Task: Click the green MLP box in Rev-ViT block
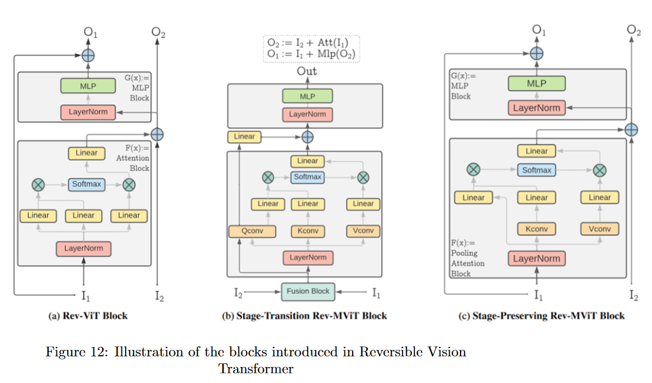(87, 86)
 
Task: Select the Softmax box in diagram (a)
(87, 185)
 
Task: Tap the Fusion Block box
(308, 291)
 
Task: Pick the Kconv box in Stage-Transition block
(308, 231)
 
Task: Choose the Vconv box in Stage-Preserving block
(599, 228)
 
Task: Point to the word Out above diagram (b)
(307, 71)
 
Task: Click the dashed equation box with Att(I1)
(312, 48)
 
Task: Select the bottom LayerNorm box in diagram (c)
(536, 259)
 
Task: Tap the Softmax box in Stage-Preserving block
(536, 170)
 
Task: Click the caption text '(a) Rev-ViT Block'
(88, 316)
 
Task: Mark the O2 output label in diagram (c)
(634, 31)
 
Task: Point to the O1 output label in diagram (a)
(90, 33)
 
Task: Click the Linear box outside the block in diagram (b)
(244, 137)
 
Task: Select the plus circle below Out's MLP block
(307, 137)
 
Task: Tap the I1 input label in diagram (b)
(376, 291)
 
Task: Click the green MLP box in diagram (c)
(536, 83)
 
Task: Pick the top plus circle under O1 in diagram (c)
(536, 53)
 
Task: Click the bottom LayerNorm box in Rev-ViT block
(84, 249)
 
